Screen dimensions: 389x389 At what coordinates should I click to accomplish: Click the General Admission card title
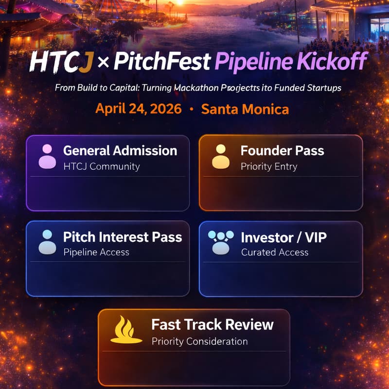click(120, 150)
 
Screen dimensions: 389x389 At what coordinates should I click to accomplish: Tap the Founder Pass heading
click(282, 150)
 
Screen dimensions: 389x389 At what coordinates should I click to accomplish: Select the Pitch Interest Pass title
click(123, 237)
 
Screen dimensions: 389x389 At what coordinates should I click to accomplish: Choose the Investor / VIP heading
click(283, 237)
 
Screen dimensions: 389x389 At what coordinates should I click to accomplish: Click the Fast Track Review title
click(212, 324)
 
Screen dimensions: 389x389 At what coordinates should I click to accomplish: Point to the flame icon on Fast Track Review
click(126, 330)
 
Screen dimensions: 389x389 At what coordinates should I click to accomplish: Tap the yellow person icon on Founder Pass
click(220, 156)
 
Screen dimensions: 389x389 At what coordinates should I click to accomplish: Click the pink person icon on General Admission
click(47, 156)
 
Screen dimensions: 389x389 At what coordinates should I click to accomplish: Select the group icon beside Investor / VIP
click(221, 242)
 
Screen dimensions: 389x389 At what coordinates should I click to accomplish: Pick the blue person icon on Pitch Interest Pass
click(47, 242)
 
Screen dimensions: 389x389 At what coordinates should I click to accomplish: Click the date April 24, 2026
click(138, 108)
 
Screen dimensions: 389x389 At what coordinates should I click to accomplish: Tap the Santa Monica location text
click(245, 108)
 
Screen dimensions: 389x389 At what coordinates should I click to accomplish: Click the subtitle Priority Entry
click(269, 166)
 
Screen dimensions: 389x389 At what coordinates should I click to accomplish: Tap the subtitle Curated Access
click(275, 252)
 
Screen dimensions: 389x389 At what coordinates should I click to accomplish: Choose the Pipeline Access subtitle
click(96, 252)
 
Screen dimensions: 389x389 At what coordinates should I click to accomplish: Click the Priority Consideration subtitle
click(199, 341)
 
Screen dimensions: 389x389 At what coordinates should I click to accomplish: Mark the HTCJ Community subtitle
click(102, 166)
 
